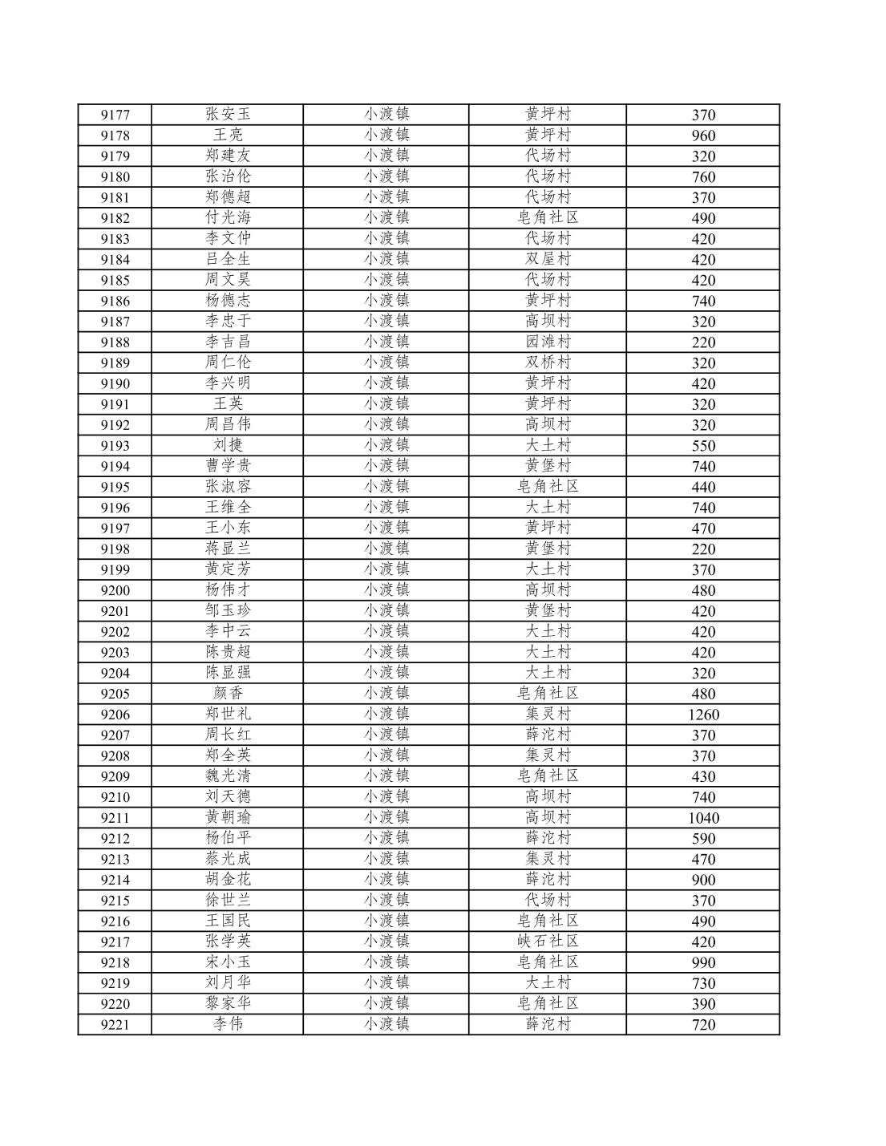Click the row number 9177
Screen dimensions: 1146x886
click(x=115, y=115)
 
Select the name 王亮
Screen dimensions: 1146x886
click(x=228, y=135)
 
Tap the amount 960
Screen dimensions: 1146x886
click(x=703, y=136)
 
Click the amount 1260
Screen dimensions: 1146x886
click(x=703, y=715)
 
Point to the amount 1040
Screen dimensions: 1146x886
click(x=703, y=818)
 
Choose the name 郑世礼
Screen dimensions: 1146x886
click(x=228, y=714)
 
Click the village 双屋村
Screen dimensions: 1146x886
click(x=548, y=259)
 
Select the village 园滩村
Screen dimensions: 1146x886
click(x=548, y=342)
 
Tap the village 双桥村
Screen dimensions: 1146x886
click(x=548, y=362)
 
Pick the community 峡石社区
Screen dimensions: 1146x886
click(x=548, y=942)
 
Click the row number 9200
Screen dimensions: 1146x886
click(x=115, y=590)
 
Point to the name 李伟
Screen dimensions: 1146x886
click(x=228, y=1024)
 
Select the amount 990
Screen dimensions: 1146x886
click(x=703, y=962)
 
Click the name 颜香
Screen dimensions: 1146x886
click(x=228, y=693)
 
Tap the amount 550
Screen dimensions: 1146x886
click(x=703, y=446)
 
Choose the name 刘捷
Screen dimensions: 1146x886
click(x=228, y=445)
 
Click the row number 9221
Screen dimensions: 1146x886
click(x=115, y=1024)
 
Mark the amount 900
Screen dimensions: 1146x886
click(x=703, y=880)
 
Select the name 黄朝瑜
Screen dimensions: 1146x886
click(x=228, y=817)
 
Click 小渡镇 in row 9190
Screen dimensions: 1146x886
click(x=386, y=383)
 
